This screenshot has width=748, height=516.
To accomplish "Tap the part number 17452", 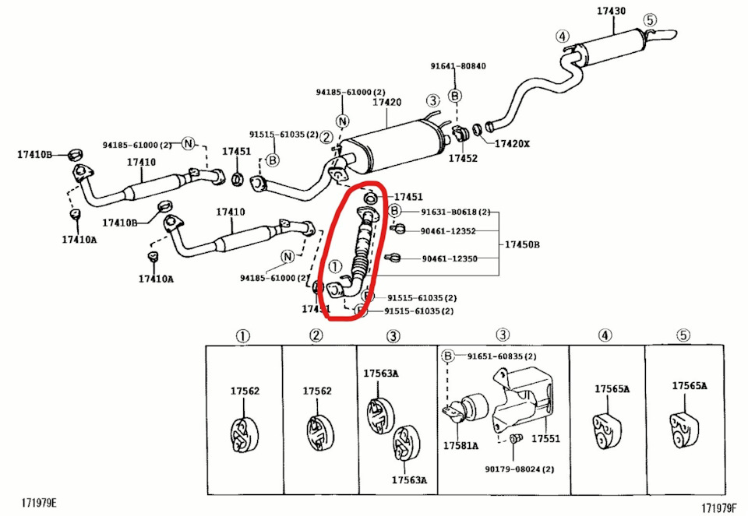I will pos(462,158).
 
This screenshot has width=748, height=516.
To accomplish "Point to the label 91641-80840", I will pos(458,66).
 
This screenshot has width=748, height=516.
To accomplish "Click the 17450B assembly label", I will pos(522,244).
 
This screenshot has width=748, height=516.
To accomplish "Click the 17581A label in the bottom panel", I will pos(460,446).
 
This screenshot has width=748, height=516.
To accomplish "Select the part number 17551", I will pos(545,439).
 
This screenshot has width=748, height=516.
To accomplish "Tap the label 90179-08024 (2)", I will pos(519,469).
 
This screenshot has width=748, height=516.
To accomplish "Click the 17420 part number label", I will pos(386,103).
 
